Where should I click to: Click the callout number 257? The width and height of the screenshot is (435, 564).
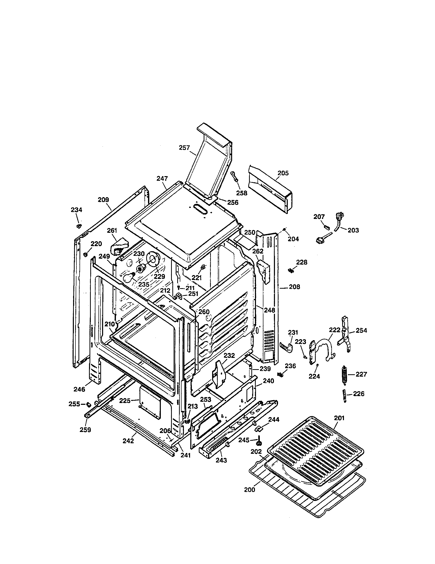coord(184,148)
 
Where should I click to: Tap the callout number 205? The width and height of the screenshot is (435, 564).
coord(283,173)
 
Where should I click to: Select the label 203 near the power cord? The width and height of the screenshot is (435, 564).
coord(353,230)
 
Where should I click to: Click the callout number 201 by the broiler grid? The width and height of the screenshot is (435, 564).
coord(339,418)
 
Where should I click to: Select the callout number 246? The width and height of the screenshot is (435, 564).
coord(79,389)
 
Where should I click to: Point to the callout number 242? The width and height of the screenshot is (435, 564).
coord(128,441)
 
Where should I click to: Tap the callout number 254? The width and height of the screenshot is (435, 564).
coord(361,330)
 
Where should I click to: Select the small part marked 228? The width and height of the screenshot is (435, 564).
coord(290,270)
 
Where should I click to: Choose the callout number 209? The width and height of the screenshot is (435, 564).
coord(103,200)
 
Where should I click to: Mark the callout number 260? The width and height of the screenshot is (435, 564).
coord(204,312)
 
